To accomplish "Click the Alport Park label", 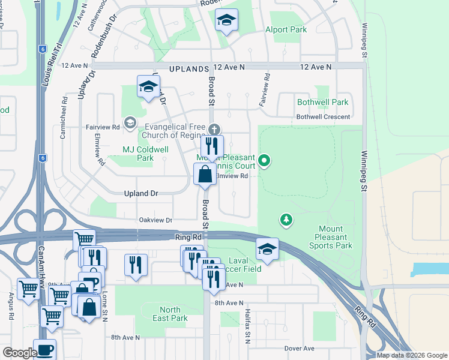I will coord(286,29).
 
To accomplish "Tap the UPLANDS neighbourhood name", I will coord(189,70).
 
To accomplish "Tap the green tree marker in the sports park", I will coord(287,220).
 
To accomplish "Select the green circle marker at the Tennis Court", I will coord(265,160).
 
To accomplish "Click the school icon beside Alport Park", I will coord(226,22).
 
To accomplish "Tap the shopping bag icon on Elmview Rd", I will coord(205,175).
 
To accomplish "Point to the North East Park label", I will coord(170,314).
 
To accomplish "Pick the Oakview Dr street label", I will coord(155,220).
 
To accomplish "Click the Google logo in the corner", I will coord(19,353).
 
